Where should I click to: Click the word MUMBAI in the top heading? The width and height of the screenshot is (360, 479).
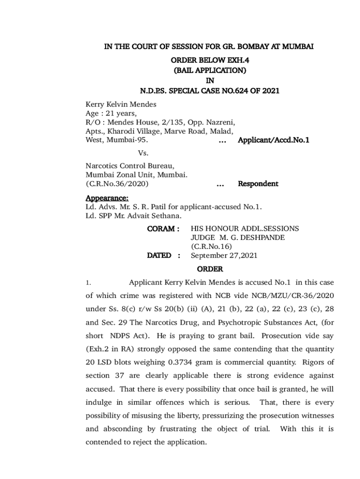click(x=298, y=47)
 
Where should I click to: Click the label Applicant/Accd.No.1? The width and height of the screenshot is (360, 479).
click(x=274, y=140)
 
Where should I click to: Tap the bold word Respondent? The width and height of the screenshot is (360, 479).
click(x=258, y=184)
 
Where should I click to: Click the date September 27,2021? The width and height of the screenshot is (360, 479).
click(x=224, y=255)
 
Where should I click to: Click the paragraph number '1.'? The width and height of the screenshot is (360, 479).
click(x=87, y=283)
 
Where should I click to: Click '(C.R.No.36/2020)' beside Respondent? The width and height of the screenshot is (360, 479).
click(x=117, y=184)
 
